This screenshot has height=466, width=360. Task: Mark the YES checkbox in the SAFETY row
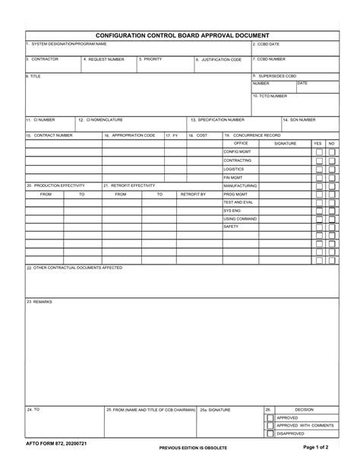(318, 227)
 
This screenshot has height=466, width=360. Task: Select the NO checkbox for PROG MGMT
(332, 194)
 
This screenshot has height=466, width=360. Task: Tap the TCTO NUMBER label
(271, 96)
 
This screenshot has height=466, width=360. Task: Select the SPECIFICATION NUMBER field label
(218, 119)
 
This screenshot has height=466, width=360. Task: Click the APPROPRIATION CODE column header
(130, 135)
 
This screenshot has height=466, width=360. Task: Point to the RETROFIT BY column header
(193, 194)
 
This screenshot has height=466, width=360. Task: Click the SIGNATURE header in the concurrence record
(285, 143)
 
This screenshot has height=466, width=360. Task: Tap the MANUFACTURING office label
(240, 185)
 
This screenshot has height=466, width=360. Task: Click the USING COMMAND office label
(240, 218)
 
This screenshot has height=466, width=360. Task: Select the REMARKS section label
(39, 302)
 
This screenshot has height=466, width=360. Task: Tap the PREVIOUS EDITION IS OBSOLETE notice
(193, 448)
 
